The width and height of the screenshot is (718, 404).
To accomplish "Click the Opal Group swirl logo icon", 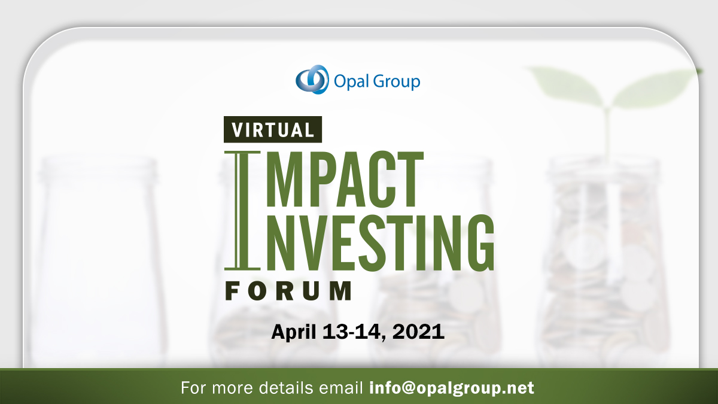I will click(x=312, y=80).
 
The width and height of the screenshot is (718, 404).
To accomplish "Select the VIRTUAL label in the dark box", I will click(x=273, y=129).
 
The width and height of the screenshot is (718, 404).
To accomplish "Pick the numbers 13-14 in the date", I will click(x=357, y=330).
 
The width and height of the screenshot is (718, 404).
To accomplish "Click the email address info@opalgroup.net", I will click(x=452, y=387).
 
